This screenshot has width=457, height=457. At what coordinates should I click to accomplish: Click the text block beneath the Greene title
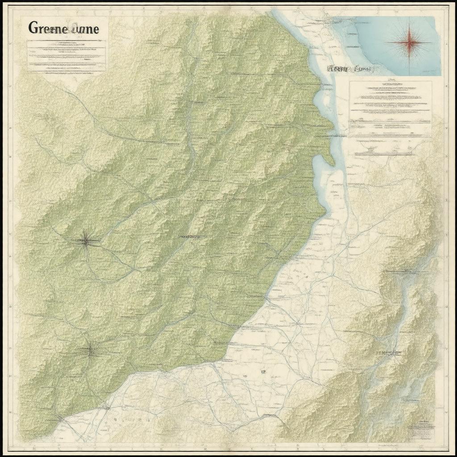click(x=66, y=55)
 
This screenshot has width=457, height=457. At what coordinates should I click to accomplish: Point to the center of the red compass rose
click(x=408, y=43)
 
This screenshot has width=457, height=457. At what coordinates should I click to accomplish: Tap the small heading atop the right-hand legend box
click(x=390, y=83)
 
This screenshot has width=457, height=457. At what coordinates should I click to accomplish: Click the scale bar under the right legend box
click(x=384, y=153)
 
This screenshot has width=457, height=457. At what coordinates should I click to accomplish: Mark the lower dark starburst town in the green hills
click(x=91, y=352)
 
